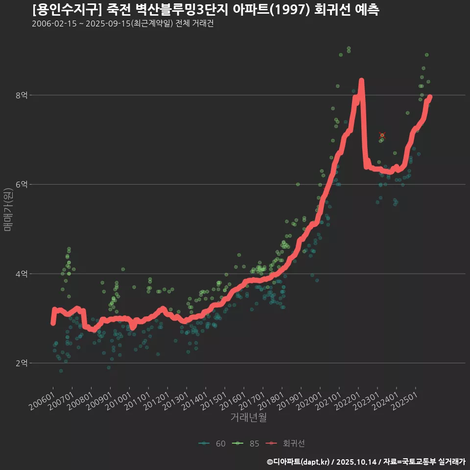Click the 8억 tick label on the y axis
[21, 95]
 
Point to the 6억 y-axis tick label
[21, 185]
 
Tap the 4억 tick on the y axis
[21, 274]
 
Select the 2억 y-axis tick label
[21, 363]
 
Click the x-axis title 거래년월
[248, 418]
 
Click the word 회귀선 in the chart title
[329, 10]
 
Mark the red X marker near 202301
[382, 136]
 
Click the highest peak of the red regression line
[361, 80]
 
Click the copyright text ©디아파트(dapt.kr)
[299, 461]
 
